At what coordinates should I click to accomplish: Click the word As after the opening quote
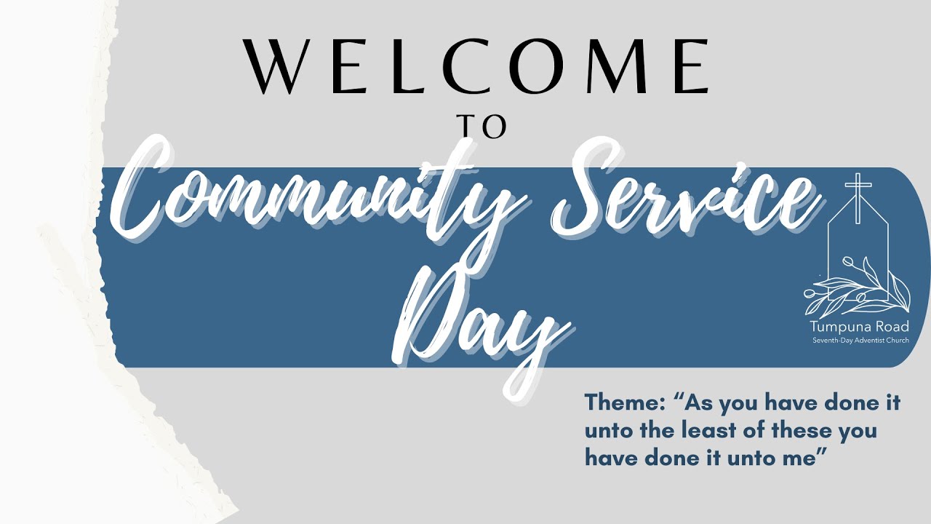[x=701, y=402]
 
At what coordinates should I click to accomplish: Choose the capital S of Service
[x=582, y=193]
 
